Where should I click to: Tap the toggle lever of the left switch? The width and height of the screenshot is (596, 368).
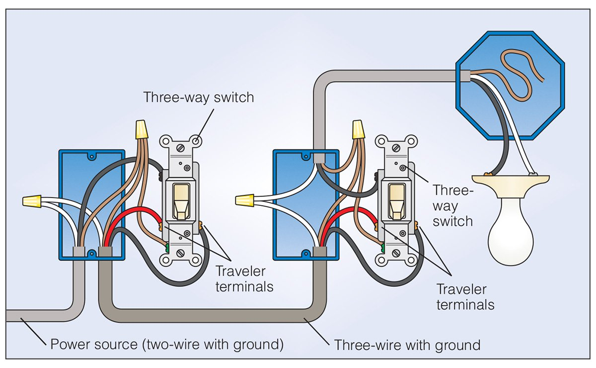(179, 201)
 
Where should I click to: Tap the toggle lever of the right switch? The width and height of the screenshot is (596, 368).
(396, 201)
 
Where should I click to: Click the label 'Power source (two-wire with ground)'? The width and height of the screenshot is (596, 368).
(167, 344)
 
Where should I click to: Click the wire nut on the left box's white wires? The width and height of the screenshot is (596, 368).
(31, 201)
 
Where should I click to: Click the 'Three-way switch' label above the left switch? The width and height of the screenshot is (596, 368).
(199, 97)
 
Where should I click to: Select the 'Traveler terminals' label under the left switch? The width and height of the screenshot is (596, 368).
(244, 278)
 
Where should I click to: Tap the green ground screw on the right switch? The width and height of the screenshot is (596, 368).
(383, 247)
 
